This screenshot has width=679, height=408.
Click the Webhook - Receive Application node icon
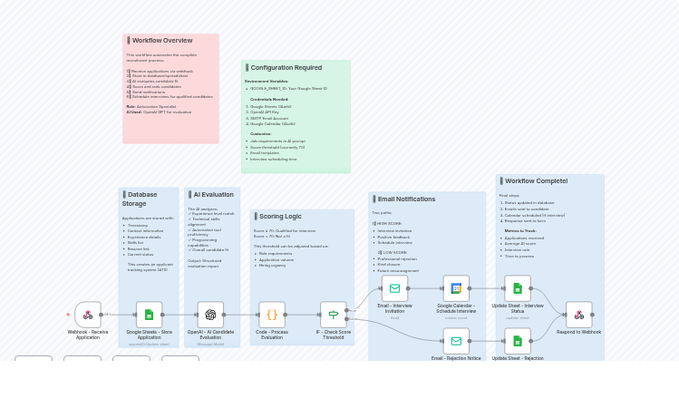(88, 315)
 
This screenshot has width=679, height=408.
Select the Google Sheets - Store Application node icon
(149, 315)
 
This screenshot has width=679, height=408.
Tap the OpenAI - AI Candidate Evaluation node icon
(210, 315)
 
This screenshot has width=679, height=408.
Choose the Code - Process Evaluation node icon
(272, 315)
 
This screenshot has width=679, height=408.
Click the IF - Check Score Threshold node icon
(333, 315)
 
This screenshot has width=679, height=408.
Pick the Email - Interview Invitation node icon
(394, 288)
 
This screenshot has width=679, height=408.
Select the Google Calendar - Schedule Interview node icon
(456, 288)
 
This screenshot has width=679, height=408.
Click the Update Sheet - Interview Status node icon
(518, 288)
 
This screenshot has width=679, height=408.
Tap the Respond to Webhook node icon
(578, 315)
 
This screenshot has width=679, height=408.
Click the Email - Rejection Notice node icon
(456, 341)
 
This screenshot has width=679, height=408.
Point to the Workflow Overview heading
(162, 41)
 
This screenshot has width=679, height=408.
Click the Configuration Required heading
(286, 68)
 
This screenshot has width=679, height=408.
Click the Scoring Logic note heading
(280, 217)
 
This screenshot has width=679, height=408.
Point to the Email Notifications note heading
(406, 199)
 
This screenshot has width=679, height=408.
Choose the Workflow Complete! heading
(536, 181)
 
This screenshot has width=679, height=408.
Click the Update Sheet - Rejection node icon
(518, 341)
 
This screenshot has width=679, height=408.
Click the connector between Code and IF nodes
(303, 315)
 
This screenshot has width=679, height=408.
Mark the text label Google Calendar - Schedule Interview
(456, 308)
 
